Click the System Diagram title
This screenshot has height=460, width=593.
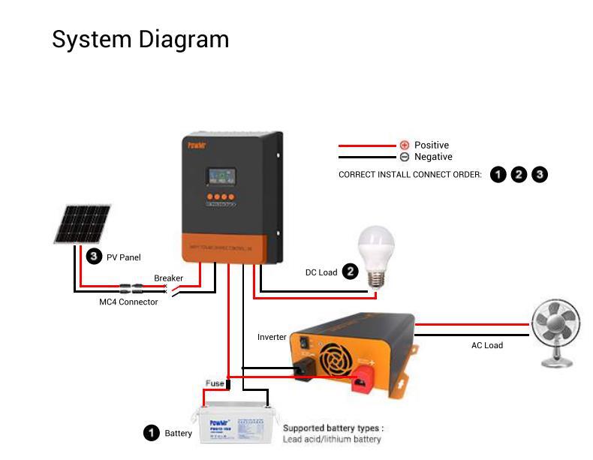pos(140,39)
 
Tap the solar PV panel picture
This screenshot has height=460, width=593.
pos(83,224)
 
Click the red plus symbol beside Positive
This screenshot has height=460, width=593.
pos(405,145)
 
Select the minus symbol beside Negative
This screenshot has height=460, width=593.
pos(405,157)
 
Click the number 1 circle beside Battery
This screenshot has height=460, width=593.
pos(152,433)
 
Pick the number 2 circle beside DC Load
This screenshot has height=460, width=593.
pos(350,272)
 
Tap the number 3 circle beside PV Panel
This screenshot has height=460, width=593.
pos(94,257)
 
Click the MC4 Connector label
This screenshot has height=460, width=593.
pos(128,302)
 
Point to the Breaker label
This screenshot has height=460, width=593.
pos(168,278)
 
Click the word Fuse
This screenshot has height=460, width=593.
pos(215,383)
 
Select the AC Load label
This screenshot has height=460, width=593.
pos(486,345)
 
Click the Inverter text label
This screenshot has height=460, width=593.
pos(272,337)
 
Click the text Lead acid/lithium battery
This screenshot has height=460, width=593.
pos(332,439)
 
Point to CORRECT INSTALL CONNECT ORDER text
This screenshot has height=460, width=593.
pos(410,175)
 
